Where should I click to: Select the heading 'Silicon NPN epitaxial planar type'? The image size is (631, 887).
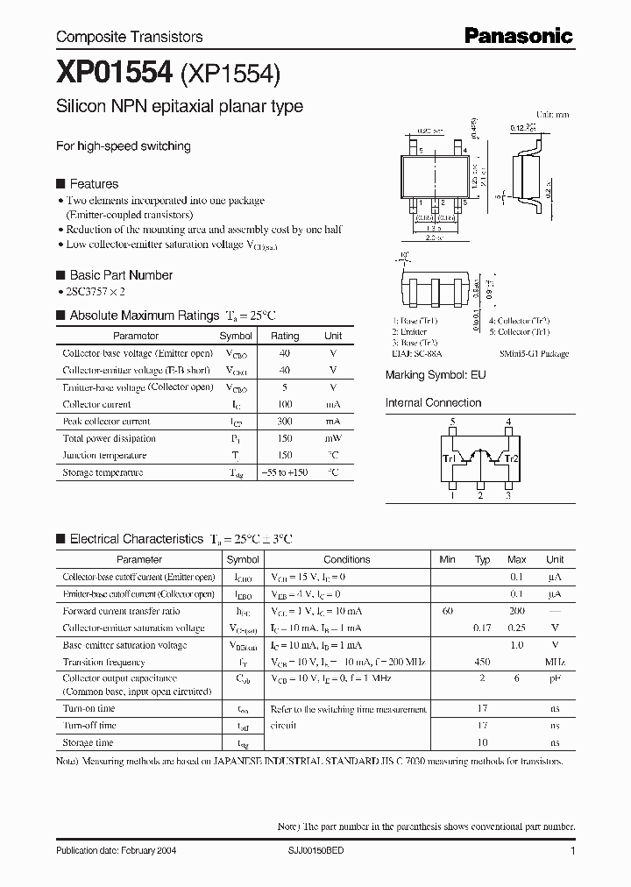(x=180, y=107)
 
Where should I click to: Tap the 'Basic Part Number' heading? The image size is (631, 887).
(x=121, y=274)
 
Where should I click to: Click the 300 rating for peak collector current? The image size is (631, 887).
(x=284, y=422)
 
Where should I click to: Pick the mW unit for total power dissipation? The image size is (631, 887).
(x=333, y=438)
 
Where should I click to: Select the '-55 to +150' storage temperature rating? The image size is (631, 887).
(x=284, y=472)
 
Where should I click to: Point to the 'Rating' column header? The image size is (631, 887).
(x=284, y=336)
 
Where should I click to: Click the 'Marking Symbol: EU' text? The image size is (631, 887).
(x=436, y=374)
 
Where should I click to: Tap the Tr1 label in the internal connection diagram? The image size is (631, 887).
(x=448, y=458)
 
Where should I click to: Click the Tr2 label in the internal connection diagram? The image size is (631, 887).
(x=513, y=458)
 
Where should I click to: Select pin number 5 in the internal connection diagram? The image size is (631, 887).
(x=453, y=422)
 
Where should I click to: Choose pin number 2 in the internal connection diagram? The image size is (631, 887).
(x=480, y=496)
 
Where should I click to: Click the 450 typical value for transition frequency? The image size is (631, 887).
(x=482, y=662)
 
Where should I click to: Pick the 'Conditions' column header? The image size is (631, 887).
(x=346, y=559)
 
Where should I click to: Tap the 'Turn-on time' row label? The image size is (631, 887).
(x=89, y=708)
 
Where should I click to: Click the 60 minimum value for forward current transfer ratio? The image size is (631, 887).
(x=448, y=611)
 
